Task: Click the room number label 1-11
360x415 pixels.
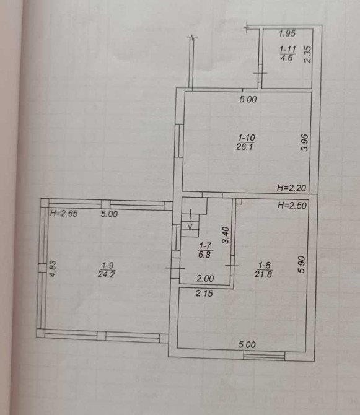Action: [x=288, y=49]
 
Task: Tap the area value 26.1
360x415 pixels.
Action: [x=245, y=147]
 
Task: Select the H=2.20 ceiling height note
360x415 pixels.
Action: [x=291, y=188]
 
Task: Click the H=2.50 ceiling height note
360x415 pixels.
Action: [x=292, y=206]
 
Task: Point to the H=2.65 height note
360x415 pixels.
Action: [x=64, y=213]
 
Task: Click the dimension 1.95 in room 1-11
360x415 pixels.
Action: [x=288, y=33]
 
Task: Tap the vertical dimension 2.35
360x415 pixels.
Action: [x=307, y=55]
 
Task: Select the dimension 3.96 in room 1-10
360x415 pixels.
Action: [x=305, y=142]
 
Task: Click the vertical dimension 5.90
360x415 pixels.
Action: [x=302, y=264]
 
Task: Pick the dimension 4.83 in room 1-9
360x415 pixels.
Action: [x=53, y=269]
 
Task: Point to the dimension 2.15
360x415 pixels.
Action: [x=204, y=293]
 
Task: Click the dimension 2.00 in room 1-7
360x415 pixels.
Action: [x=205, y=279]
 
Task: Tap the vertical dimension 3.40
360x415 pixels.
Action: [x=226, y=235]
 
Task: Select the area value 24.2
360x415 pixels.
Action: [x=107, y=274]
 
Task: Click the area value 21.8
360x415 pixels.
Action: [x=263, y=274]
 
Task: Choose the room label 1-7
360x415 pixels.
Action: [x=204, y=246]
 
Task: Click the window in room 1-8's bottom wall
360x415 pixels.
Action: [x=264, y=356]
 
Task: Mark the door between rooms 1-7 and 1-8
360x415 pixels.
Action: [x=232, y=266]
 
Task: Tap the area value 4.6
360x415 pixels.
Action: [x=287, y=58]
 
